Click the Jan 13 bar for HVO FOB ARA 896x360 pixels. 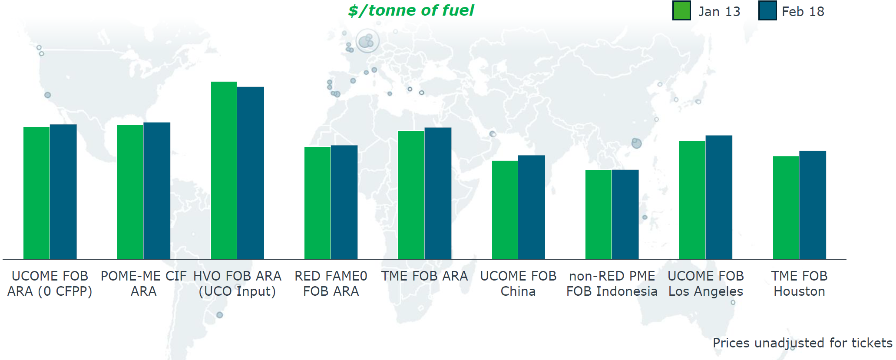coord(224,170)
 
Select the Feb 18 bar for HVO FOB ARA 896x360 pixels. coord(251,173)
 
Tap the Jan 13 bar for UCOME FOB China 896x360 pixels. coord(505,210)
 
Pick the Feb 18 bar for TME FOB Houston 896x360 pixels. coord(813,205)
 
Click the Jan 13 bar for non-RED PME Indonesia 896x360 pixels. coord(598,215)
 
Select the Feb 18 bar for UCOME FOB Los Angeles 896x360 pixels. coord(719,197)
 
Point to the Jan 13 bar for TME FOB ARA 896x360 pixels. coord(411,195)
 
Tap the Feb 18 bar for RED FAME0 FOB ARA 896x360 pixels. coord(344,202)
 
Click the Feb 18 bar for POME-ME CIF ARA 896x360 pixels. coord(157,191)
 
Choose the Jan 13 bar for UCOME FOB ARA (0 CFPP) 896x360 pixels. coord(36,193)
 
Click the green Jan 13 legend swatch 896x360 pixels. coord(681,11)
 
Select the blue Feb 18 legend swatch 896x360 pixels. coord(767,11)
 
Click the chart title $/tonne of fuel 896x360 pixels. coord(411,10)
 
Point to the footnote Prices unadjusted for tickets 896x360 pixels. coord(803,343)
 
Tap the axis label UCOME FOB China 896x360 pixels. coord(518,284)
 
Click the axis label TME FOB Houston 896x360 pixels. coord(799,284)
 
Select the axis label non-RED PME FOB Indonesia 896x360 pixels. coord(612,284)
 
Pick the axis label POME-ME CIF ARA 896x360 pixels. coord(144,284)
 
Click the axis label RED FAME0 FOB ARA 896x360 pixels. coord(331,284)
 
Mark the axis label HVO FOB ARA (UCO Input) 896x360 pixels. coord(237,284)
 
